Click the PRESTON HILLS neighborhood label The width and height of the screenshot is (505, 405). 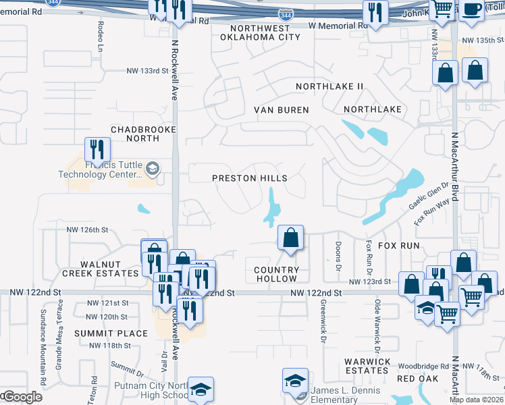[x=250, y=178]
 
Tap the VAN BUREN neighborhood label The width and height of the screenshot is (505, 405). [x=281, y=110]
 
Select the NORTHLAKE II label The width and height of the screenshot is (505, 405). [x=329, y=86]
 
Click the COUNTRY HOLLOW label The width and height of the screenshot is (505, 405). [x=275, y=274]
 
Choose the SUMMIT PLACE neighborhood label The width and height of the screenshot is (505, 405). [x=111, y=333]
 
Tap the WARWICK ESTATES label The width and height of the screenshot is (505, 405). [x=366, y=366]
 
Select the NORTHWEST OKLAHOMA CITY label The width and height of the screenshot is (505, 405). [x=260, y=32]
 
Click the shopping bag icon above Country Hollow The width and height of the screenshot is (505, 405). [x=290, y=238]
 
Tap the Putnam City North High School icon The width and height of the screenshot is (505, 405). [x=201, y=389]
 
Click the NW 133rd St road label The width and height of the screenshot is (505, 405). [x=147, y=71]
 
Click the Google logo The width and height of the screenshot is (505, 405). [x=22, y=396]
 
